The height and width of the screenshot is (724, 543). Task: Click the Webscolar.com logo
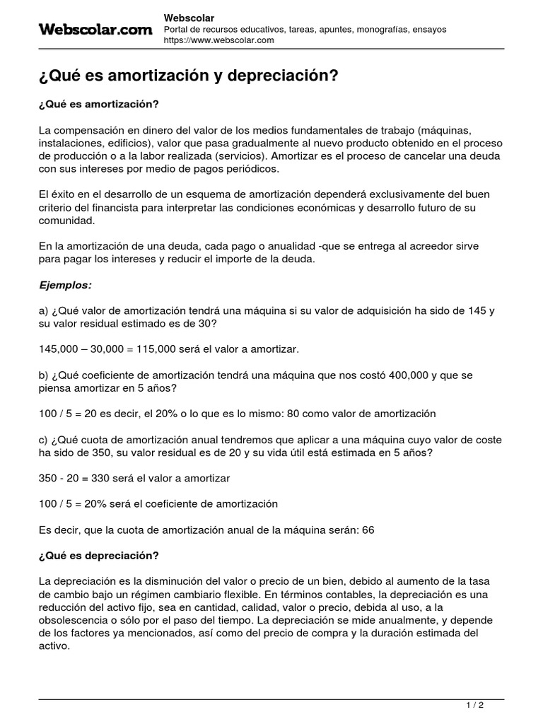[95, 29]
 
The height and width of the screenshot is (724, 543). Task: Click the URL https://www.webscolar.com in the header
[218, 40]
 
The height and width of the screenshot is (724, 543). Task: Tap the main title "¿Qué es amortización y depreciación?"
[189, 76]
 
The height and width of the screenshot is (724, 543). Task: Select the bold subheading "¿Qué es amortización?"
[98, 104]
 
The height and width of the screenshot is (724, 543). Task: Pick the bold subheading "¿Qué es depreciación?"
[98, 555]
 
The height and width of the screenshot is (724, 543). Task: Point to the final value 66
[368, 530]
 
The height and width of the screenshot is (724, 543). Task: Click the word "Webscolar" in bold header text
[189, 18]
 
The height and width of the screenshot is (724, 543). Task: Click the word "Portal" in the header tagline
[177, 29]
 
